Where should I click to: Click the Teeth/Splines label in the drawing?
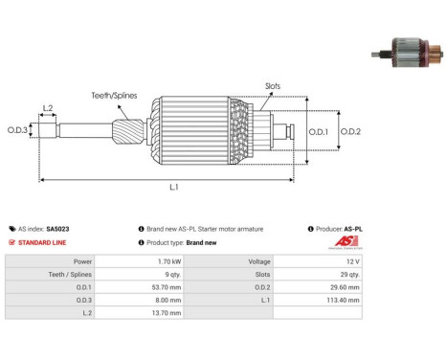[x=114, y=96]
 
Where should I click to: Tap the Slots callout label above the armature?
[x=273, y=86]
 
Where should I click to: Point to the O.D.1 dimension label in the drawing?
[x=318, y=132]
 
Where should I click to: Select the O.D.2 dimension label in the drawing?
[x=350, y=131]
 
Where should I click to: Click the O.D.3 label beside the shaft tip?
[x=17, y=130]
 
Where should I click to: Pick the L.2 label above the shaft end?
[x=48, y=108]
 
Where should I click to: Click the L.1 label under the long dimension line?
[x=174, y=187]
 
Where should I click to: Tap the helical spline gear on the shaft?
[x=128, y=131]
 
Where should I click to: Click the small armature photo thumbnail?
[x=407, y=53]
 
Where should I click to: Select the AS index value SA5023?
[x=57, y=229]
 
